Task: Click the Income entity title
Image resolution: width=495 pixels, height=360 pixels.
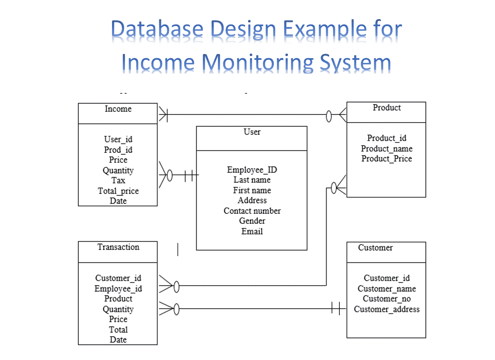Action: pyautogui.click(x=118, y=109)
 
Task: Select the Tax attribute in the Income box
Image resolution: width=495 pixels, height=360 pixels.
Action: pyautogui.click(x=118, y=181)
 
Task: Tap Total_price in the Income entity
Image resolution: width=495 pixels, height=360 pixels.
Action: pyautogui.click(x=118, y=191)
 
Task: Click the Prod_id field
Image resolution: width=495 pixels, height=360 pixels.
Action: pyautogui.click(x=118, y=150)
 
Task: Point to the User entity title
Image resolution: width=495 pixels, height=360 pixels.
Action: pyautogui.click(x=252, y=132)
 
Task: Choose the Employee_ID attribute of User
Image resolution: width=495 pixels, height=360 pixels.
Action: pyautogui.click(x=252, y=170)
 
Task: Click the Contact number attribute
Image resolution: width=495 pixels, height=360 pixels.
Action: pyautogui.click(x=252, y=211)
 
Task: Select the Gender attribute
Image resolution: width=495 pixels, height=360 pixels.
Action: pyautogui.click(x=252, y=221)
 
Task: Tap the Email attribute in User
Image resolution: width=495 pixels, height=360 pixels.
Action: pyautogui.click(x=252, y=232)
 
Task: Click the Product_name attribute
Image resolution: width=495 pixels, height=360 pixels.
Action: pyautogui.click(x=386, y=149)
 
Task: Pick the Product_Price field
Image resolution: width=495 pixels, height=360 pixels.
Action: pyautogui.click(x=386, y=159)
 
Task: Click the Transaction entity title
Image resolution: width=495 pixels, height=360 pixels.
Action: pyautogui.click(x=118, y=247)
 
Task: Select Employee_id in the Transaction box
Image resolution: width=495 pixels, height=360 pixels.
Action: pyautogui.click(x=118, y=289)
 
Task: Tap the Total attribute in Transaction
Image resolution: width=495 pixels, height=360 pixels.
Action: pyautogui.click(x=118, y=330)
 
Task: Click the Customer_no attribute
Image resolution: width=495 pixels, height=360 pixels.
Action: pyautogui.click(x=386, y=299)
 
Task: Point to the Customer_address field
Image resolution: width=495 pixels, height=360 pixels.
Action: pyautogui.click(x=386, y=309)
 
